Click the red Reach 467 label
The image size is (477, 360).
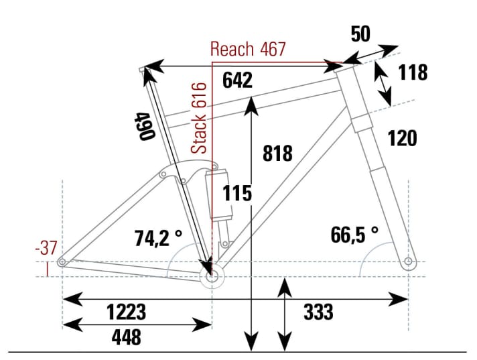(x=248, y=49)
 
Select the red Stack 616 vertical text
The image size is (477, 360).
(x=200, y=118)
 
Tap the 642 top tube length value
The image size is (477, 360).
(x=237, y=80)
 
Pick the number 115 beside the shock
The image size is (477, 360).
(x=238, y=193)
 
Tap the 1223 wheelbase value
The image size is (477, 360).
(x=126, y=312)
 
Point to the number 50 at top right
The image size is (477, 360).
(x=360, y=34)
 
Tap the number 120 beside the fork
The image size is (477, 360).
(x=402, y=138)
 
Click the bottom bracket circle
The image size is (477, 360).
(x=212, y=275)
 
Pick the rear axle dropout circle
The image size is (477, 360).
(x=62, y=262)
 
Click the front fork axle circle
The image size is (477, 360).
(x=408, y=261)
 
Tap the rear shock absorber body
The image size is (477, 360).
(x=220, y=196)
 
